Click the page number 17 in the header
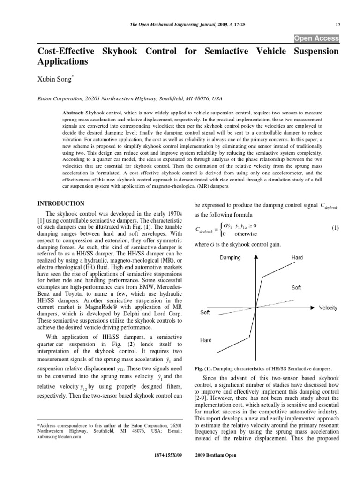click(x=337, y=24)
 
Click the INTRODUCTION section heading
click(x=60, y=203)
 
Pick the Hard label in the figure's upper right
click(x=297, y=257)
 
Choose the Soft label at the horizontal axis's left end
click(x=205, y=313)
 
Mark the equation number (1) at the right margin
click(x=335, y=228)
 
